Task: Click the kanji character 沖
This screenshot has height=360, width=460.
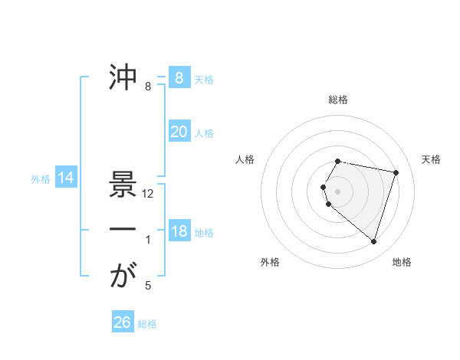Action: (x=123, y=77)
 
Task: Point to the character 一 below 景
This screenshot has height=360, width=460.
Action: (x=123, y=230)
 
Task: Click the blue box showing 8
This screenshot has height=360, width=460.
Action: (x=179, y=77)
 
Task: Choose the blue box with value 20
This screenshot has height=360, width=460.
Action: (x=179, y=132)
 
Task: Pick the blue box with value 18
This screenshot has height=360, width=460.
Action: (x=179, y=231)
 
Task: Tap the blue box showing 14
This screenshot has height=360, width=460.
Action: (x=66, y=178)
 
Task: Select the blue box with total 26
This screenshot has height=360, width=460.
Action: (x=122, y=322)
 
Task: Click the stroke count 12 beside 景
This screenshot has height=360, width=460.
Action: (x=149, y=194)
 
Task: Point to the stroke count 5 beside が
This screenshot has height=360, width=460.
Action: (x=148, y=286)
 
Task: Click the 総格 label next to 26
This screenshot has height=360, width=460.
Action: (x=147, y=324)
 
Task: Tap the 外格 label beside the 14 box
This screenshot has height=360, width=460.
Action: (x=41, y=179)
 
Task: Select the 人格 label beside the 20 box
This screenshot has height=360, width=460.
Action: (x=204, y=133)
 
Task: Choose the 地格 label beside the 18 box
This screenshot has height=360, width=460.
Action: (x=204, y=232)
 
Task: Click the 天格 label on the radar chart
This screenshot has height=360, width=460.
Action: (x=431, y=159)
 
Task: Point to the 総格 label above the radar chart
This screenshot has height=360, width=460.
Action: (x=338, y=100)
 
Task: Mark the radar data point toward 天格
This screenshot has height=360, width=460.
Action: (x=396, y=172)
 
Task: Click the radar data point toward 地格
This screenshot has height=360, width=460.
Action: (x=373, y=242)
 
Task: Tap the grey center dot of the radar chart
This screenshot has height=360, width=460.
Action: (x=338, y=190)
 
